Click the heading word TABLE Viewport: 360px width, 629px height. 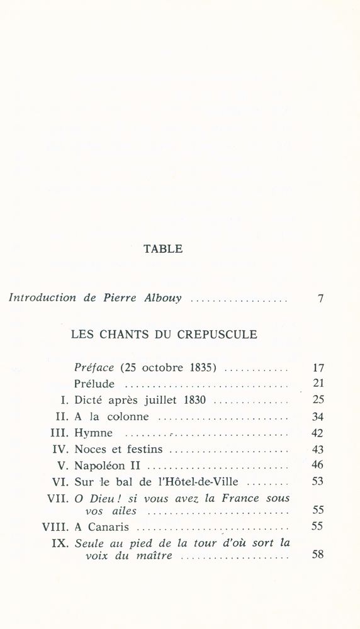164,249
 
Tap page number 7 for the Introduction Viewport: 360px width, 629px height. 320,299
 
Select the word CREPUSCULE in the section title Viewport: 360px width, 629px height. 220,335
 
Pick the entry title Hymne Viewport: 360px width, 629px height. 94,433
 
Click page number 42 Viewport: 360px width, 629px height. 317,433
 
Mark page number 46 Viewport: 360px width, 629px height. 317,466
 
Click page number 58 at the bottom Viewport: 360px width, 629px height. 317,555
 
